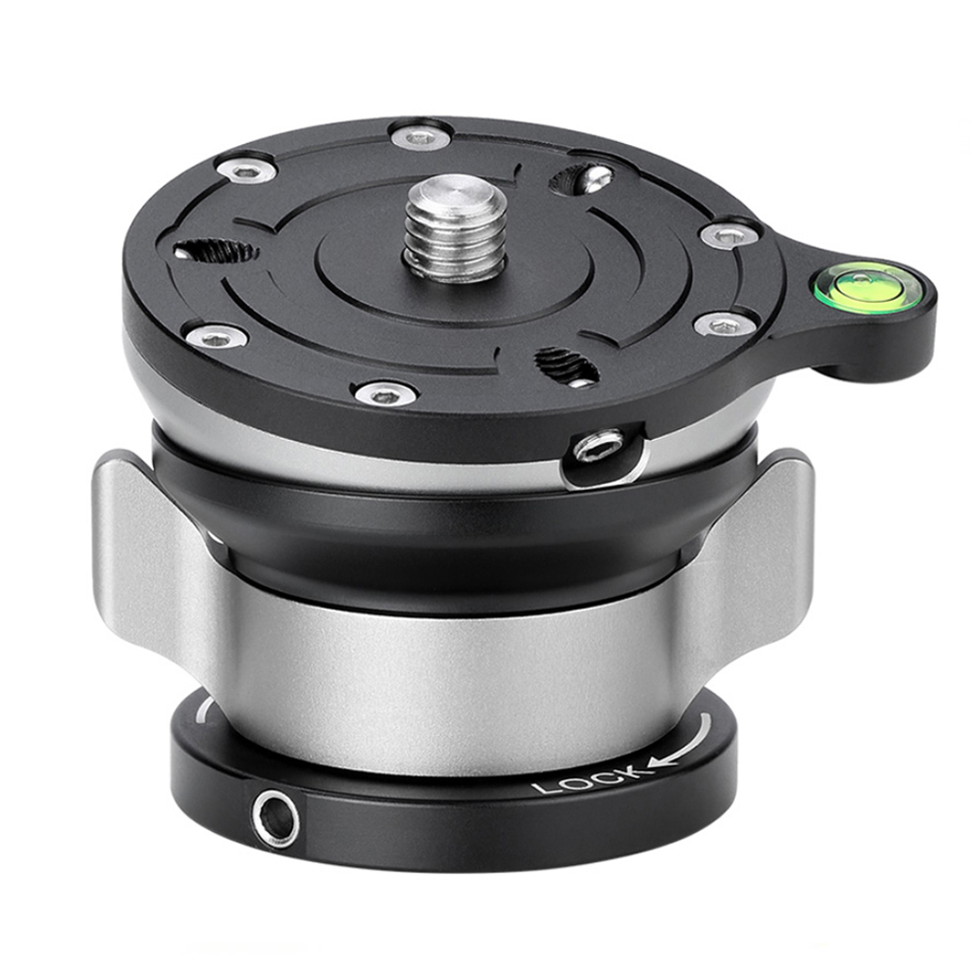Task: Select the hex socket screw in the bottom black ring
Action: (275, 817)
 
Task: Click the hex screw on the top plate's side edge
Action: (599, 448)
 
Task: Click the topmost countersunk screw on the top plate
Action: (419, 135)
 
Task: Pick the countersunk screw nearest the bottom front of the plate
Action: (385, 394)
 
